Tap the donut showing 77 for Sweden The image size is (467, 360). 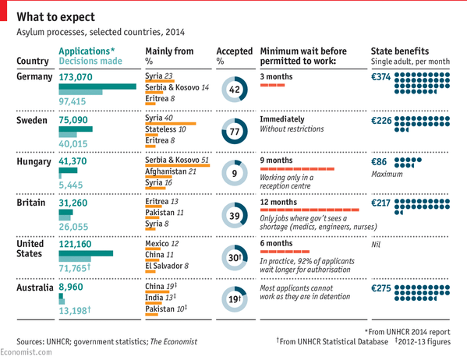233,132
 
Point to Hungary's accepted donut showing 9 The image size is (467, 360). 233,173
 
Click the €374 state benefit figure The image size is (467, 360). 380,76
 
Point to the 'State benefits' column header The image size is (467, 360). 398,51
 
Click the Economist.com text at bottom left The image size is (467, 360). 26,353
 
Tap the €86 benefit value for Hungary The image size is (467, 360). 379,161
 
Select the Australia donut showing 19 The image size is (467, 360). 233,298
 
